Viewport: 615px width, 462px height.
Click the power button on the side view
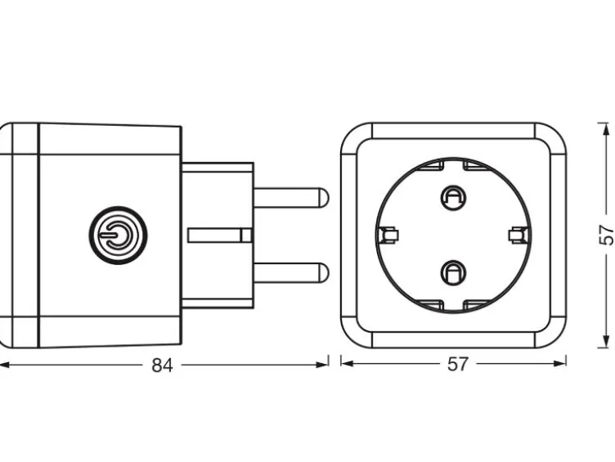click(118, 235)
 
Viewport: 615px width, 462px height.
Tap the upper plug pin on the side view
click(290, 198)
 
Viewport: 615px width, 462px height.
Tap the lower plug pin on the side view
click(290, 272)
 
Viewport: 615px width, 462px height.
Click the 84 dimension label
click(162, 366)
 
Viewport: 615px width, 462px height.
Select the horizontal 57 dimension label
click(458, 364)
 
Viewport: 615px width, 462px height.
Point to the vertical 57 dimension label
click(606, 235)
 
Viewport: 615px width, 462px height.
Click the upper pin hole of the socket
click(453, 198)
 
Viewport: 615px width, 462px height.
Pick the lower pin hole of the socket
click(453, 272)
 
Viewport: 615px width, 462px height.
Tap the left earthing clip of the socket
click(388, 235)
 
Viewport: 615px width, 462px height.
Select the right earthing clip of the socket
click(518, 235)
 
